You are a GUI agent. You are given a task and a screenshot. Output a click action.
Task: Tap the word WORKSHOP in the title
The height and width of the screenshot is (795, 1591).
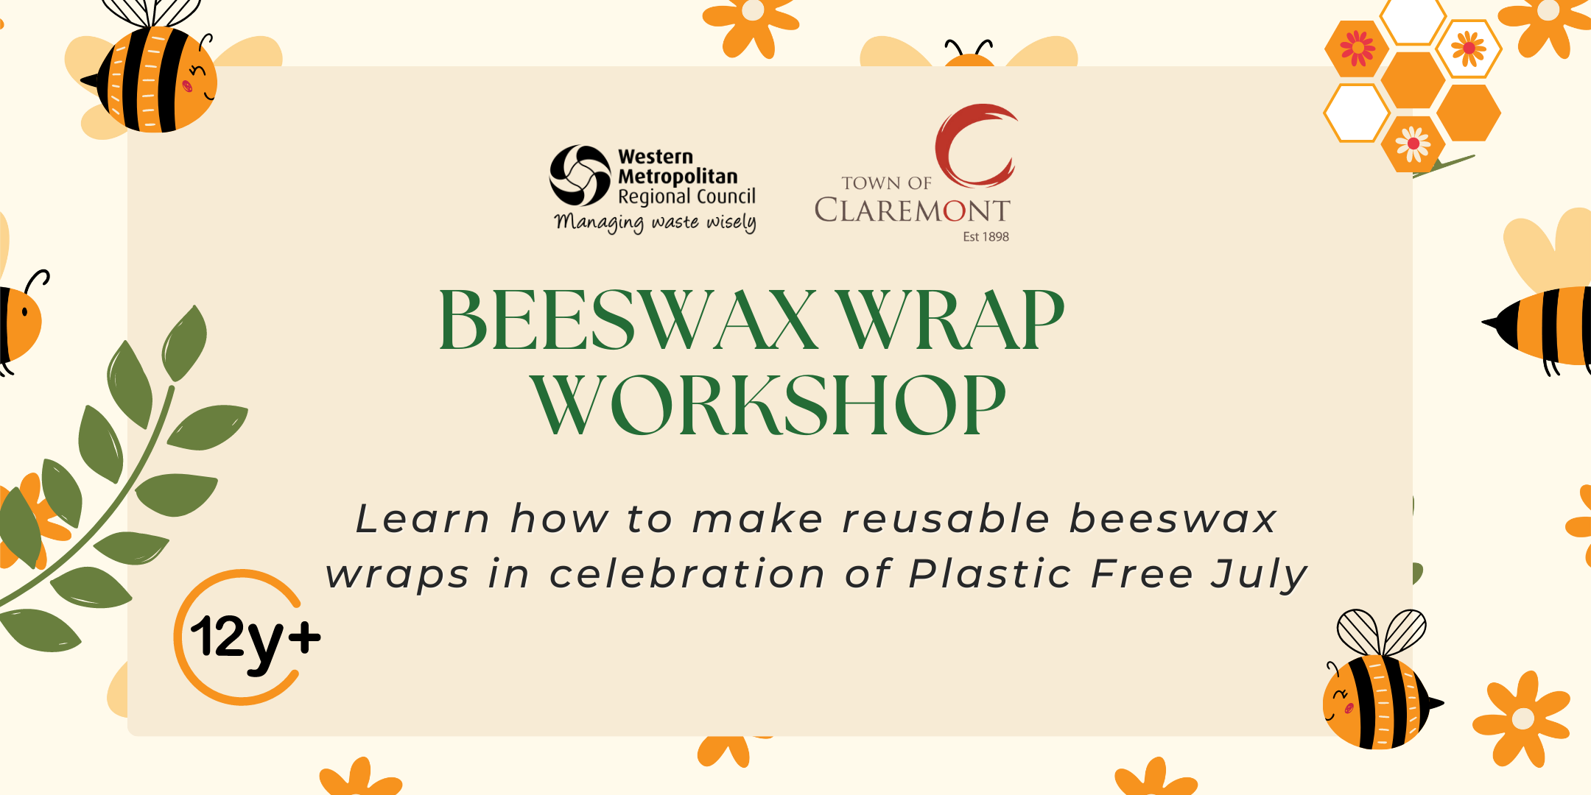[x=768, y=404]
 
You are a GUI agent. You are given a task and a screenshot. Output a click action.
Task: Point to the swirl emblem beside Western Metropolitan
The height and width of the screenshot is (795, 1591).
[x=580, y=175]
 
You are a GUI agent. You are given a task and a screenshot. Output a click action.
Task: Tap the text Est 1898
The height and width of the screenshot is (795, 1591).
[x=986, y=236]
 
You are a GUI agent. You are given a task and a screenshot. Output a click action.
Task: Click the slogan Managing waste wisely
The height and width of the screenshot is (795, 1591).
[x=656, y=222]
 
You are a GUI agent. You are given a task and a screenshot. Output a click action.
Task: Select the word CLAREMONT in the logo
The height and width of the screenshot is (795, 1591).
[x=912, y=211]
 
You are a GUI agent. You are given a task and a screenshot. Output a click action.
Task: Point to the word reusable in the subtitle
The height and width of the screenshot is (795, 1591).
[x=946, y=518]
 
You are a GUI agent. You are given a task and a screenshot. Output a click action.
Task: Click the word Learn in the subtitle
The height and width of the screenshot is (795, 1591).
[x=423, y=518]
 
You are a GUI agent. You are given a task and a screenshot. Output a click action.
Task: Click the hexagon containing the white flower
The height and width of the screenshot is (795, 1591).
[x=1413, y=144]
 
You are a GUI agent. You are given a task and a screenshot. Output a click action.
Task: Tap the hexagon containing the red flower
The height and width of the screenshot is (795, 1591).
[x=1357, y=49]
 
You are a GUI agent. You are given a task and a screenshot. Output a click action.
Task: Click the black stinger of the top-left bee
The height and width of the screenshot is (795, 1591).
[x=89, y=80]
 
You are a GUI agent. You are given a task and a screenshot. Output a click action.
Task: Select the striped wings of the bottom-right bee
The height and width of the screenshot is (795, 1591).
[x=1381, y=632]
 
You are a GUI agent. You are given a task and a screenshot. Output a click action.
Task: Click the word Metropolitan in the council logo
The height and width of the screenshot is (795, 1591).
[x=678, y=177]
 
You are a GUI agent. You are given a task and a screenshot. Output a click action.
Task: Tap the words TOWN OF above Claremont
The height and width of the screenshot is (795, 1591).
[x=886, y=183]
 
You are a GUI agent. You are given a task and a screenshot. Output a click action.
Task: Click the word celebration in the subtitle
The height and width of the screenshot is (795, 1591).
[x=687, y=573]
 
